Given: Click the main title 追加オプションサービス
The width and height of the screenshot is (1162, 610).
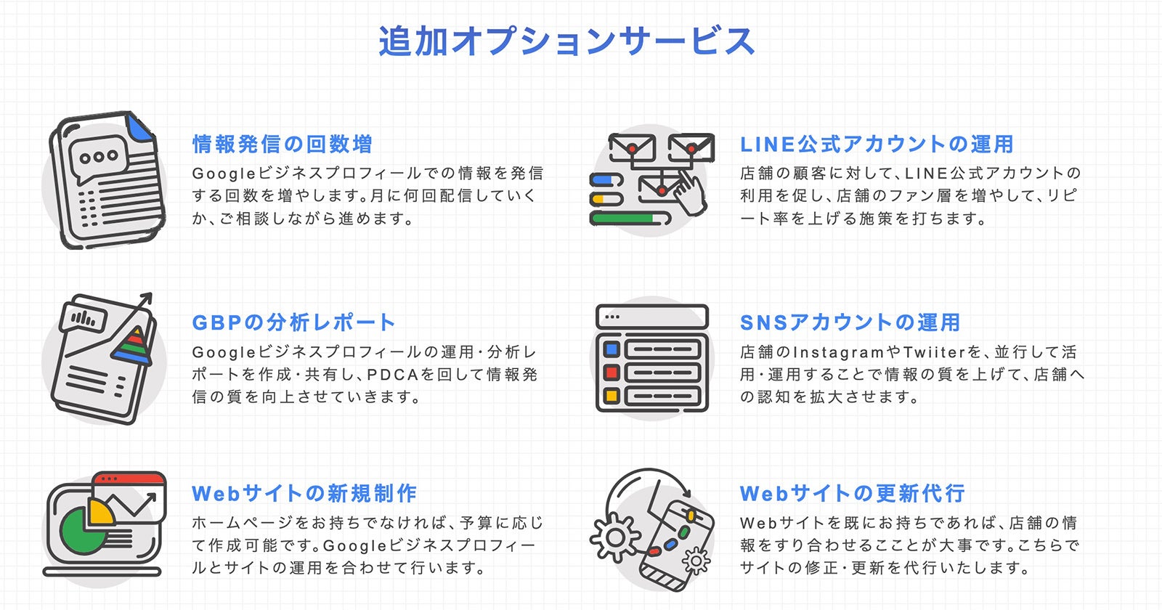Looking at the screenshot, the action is coord(566,41).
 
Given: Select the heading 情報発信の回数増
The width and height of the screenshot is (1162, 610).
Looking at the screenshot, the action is coord(283,145).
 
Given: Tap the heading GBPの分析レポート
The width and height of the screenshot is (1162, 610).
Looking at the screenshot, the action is coord(293,322).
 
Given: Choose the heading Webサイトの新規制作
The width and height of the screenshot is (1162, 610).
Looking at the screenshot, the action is coord(304,494).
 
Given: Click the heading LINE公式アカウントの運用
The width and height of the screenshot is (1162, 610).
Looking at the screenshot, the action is coord(877,145).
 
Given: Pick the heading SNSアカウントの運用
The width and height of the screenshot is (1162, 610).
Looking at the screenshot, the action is coord(850,322).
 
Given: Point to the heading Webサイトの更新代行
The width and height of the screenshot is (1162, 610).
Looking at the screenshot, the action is coord(852,494).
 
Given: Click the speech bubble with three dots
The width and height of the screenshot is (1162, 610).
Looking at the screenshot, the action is coord(99,157).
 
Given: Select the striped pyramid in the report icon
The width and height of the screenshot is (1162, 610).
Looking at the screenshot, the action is coord(133,346).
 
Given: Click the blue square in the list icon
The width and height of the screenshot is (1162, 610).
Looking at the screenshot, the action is coord(612,350).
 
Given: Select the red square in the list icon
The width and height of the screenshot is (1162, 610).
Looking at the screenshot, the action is coord(612,373).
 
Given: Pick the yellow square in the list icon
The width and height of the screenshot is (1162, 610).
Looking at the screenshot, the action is coord(612,396).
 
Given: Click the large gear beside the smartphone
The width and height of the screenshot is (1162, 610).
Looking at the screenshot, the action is coord(614,538).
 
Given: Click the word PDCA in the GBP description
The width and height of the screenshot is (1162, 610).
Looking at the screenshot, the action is coord(392,375).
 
